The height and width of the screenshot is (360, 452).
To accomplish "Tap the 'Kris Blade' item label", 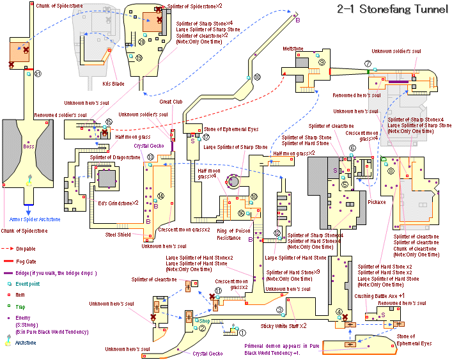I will coord(113,83).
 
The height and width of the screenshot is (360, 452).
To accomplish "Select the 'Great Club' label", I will coord(171,101).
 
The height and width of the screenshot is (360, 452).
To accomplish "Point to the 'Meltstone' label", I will coord(293,49).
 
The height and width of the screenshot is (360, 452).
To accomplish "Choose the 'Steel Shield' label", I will coord(119,234).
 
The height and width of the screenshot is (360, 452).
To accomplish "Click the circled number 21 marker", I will coord(38,74).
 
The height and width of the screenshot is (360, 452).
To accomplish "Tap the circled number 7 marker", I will coord(368,63).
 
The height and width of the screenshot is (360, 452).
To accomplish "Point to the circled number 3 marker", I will coord(279,310).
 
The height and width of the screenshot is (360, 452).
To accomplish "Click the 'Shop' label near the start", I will coord(205,320).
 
